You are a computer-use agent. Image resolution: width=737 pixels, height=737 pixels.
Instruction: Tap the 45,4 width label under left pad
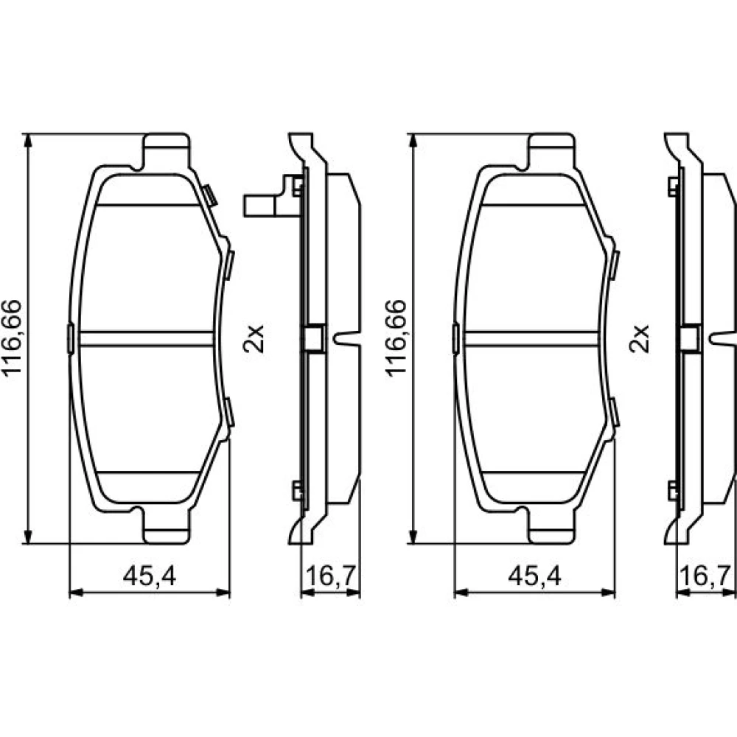point(150,576)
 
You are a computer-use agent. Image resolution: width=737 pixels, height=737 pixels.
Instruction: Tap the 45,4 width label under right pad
point(534,576)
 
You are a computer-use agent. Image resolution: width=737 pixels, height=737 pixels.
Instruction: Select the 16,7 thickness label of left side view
point(330,576)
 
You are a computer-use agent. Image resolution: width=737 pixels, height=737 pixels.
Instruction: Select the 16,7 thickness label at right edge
point(705,576)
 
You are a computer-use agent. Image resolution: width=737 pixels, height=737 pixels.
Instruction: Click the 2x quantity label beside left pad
point(254,338)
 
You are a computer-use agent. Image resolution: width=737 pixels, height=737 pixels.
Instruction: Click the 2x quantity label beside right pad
point(639,338)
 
